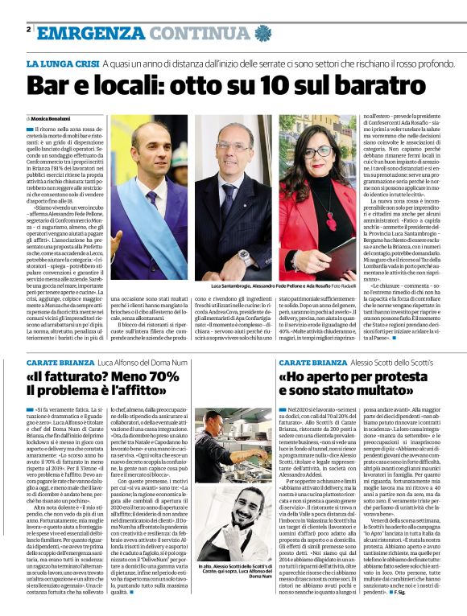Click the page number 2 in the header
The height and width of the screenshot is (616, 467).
[x=28, y=30]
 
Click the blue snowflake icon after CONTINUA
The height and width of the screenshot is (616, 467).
[x=262, y=33]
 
